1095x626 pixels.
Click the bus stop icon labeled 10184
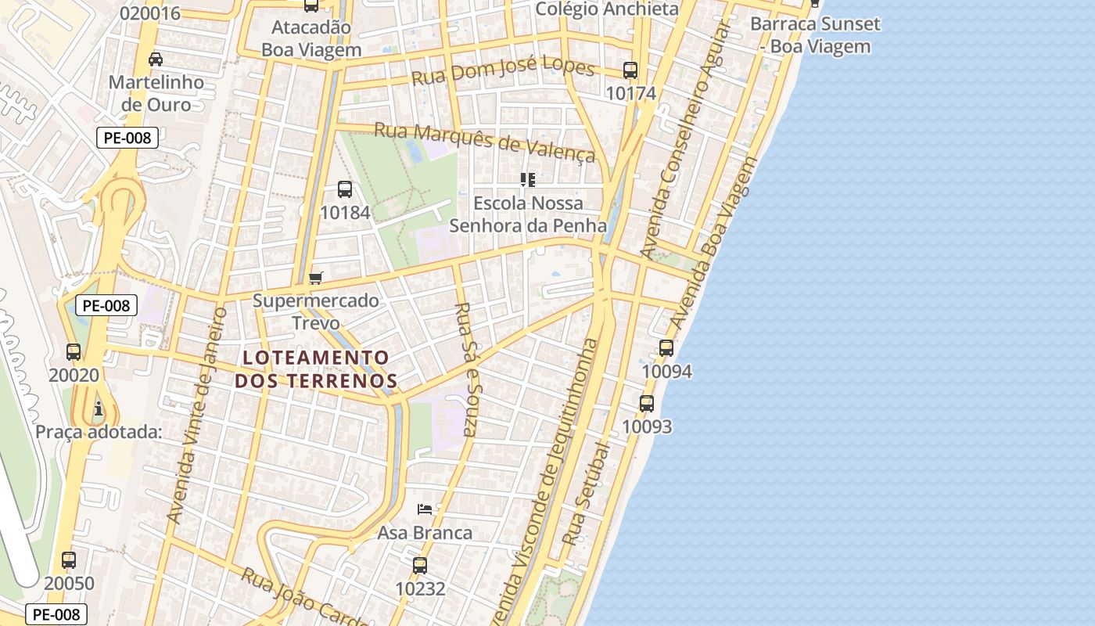click(x=345, y=189)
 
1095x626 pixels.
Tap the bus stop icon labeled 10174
click(x=630, y=70)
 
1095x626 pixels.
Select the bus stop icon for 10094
click(x=666, y=348)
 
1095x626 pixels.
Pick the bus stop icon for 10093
click(x=647, y=404)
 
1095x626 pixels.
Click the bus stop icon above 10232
click(x=420, y=565)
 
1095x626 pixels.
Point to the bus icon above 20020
click(x=74, y=352)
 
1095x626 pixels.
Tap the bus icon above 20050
click(x=69, y=560)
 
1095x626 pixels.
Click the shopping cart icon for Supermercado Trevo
click(x=316, y=278)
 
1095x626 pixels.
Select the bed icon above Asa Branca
click(x=425, y=509)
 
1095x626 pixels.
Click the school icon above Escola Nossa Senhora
click(x=528, y=180)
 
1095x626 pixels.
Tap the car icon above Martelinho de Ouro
click(x=156, y=59)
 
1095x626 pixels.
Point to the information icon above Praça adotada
click(x=99, y=408)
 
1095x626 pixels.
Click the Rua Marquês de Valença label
click(x=485, y=142)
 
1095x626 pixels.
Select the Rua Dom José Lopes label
click(x=503, y=71)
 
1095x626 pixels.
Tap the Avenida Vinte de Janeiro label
click(x=199, y=415)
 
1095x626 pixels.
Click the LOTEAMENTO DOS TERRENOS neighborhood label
click(x=316, y=369)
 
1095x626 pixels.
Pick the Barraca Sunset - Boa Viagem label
click(x=815, y=35)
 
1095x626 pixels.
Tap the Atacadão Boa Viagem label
click(x=311, y=38)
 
